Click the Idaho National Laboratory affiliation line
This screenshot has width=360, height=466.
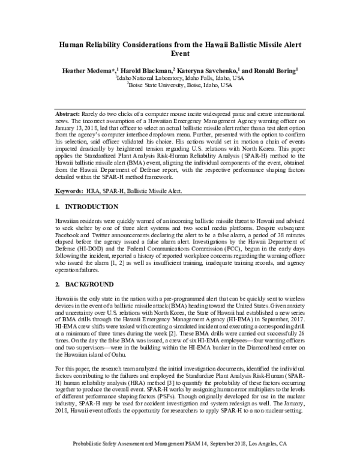coord(180,78)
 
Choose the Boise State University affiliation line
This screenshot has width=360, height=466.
coord(180,85)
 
